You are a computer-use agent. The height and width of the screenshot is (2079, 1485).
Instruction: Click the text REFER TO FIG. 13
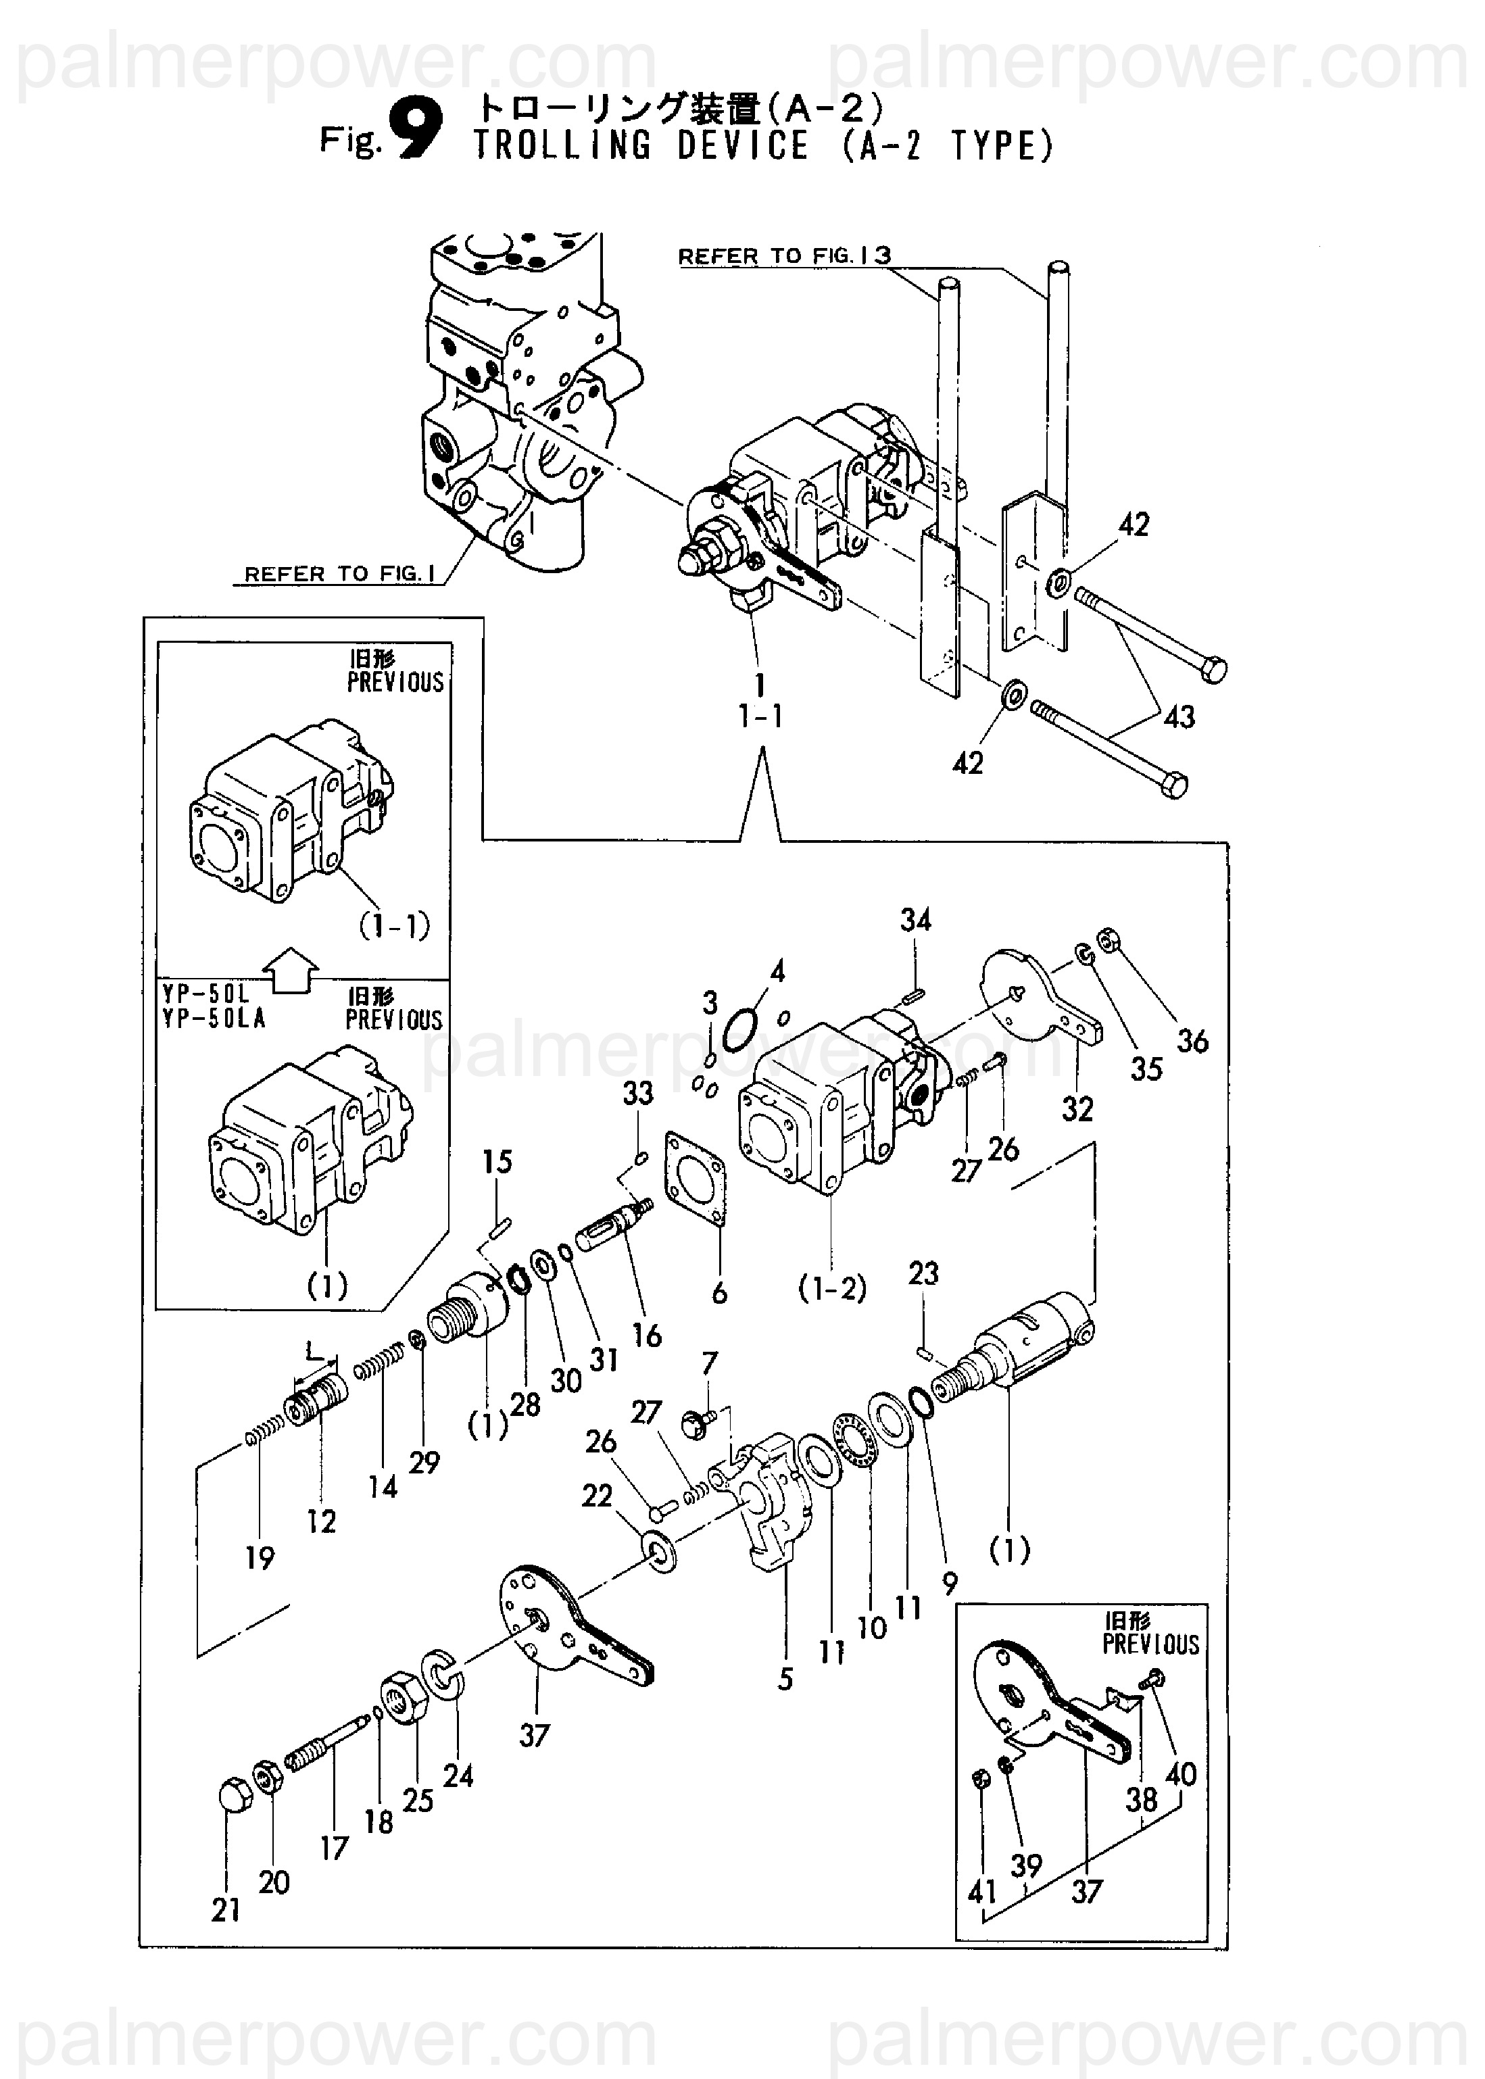(x=785, y=256)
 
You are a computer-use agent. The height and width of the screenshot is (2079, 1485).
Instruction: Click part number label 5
(x=785, y=1679)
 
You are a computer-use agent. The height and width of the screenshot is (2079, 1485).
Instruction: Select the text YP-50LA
(x=214, y=1019)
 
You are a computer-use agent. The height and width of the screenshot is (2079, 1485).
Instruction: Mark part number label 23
(x=923, y=1273)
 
